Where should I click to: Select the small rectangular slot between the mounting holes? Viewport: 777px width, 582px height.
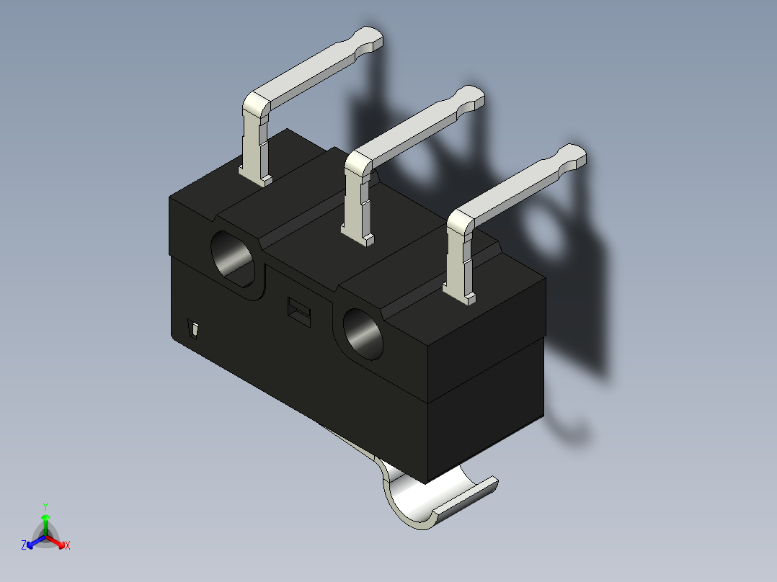tap(297, 311)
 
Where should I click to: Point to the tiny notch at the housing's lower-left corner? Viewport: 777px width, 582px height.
tap(193, 329)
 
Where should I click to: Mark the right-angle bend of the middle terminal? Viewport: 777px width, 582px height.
tap(358, 163)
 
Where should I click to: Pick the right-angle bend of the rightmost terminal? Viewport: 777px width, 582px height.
tap(459, 223)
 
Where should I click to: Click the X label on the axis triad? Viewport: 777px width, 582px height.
tap(68, 546)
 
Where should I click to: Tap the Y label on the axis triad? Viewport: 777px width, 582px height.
tap(45, 506)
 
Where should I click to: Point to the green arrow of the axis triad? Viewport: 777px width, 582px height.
tap(45, 521)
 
